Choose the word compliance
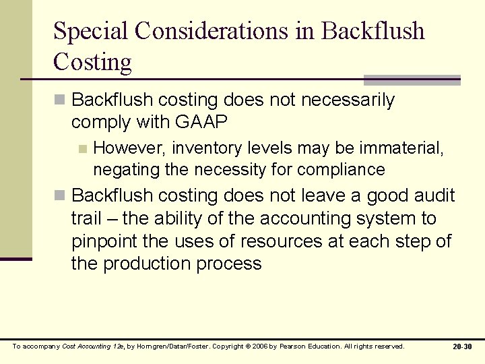coord(342,169)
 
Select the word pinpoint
coord(102,241)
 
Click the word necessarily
coord(348,100)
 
